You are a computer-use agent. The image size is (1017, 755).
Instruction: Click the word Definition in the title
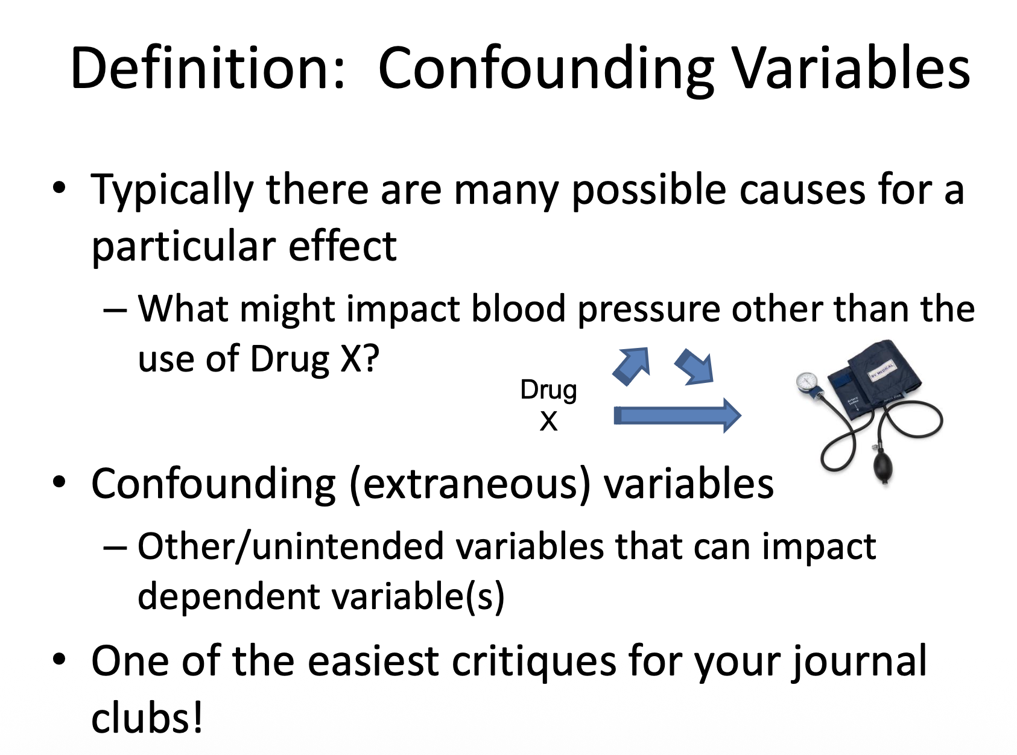207,68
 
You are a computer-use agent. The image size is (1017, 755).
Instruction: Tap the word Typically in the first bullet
173,191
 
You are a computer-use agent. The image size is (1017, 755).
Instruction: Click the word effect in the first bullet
343,245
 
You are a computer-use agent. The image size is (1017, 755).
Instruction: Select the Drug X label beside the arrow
548,405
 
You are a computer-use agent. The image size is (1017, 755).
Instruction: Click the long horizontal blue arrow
677,415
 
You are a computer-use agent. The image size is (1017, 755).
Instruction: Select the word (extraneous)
470,484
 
